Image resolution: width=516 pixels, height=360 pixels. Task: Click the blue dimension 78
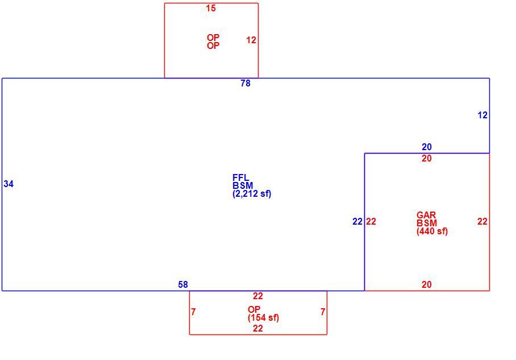245,84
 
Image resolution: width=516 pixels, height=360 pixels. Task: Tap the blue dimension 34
9,184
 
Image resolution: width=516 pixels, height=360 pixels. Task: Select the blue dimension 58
183,284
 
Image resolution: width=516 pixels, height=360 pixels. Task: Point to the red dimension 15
211,8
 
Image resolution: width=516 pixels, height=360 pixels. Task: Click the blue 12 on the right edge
482,115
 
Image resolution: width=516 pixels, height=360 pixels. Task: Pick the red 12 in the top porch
251,40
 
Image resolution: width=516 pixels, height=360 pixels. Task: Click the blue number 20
426,147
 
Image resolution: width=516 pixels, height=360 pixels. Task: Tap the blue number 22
357,221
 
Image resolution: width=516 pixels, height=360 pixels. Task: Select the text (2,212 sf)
252,194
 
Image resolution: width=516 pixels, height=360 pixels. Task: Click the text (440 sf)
432,231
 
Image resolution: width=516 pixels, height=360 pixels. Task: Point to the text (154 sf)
263,317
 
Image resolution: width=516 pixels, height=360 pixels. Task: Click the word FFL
240,177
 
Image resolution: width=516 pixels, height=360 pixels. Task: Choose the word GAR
426,215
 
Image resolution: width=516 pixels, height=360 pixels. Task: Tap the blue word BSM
243,185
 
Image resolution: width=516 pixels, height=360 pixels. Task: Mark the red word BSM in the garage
426,223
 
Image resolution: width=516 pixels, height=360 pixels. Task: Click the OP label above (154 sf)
254,309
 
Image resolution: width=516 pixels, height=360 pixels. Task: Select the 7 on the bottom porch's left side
193,312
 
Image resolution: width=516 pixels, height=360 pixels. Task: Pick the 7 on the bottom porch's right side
323,312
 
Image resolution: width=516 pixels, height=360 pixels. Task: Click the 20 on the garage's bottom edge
426,284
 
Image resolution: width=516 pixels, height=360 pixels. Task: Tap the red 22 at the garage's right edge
482,221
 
